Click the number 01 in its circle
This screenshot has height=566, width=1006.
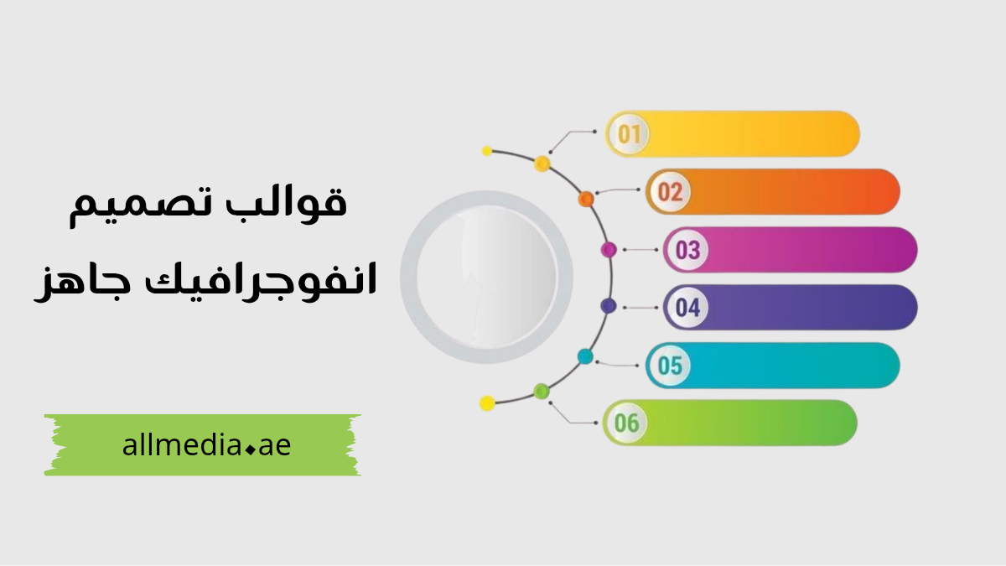pos(629,134)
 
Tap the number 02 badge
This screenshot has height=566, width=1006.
pos(669,192)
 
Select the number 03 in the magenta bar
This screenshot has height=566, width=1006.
pos(687,250)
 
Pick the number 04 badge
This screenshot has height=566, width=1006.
pos(687,308)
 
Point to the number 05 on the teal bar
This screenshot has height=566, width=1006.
pos(669,366)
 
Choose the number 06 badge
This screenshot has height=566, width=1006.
pos(626,423)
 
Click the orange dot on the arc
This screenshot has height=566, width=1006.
pos(586,199)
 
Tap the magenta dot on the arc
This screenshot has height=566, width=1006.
pos(609,249)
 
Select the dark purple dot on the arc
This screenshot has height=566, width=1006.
pos(609,306)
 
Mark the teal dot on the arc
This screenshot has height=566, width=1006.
pos(585,356)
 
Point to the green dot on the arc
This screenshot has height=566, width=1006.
pos(542,391)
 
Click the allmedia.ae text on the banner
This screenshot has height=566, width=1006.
pos(206,446)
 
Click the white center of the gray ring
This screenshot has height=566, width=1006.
pos(486,277)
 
